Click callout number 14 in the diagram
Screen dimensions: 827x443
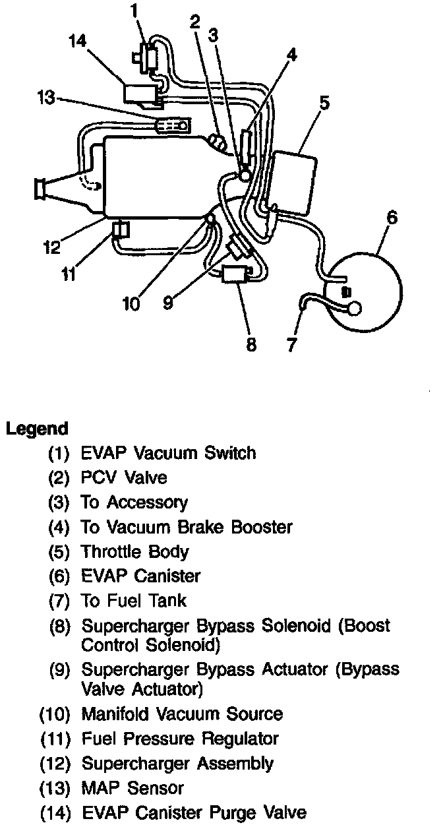point(77,42)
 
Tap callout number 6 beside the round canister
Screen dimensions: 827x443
point(392,218)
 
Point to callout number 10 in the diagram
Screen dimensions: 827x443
point(131,303)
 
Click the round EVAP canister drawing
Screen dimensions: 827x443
point(365,293)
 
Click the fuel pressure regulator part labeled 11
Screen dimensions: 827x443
point(121,230)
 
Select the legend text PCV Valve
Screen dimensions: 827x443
point(124,477)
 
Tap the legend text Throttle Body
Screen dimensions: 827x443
point(134,551)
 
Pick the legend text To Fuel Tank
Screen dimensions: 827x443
point(134,600)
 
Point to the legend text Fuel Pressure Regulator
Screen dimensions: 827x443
point(180,739)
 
